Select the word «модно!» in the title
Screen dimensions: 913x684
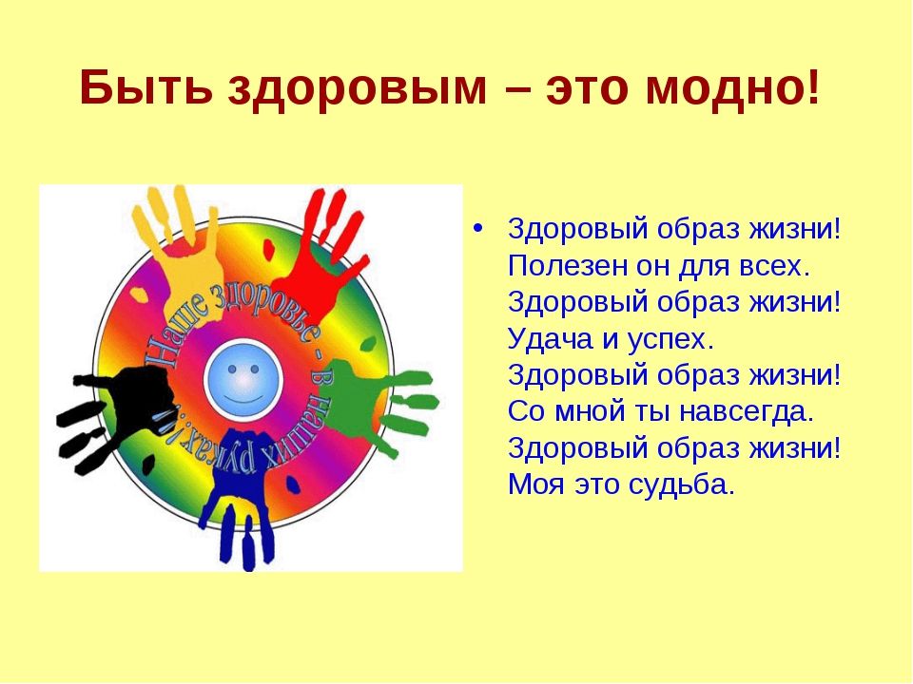click(732, 87)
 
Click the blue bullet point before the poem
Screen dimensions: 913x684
click(478, 228)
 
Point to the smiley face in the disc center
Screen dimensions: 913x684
click(243, 379)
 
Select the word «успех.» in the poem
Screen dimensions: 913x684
click(670, 340)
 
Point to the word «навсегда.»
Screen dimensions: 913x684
click(747, 412)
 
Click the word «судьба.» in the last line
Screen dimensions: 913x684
click(682, 484)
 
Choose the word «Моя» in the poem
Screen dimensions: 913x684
click(535, 484)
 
